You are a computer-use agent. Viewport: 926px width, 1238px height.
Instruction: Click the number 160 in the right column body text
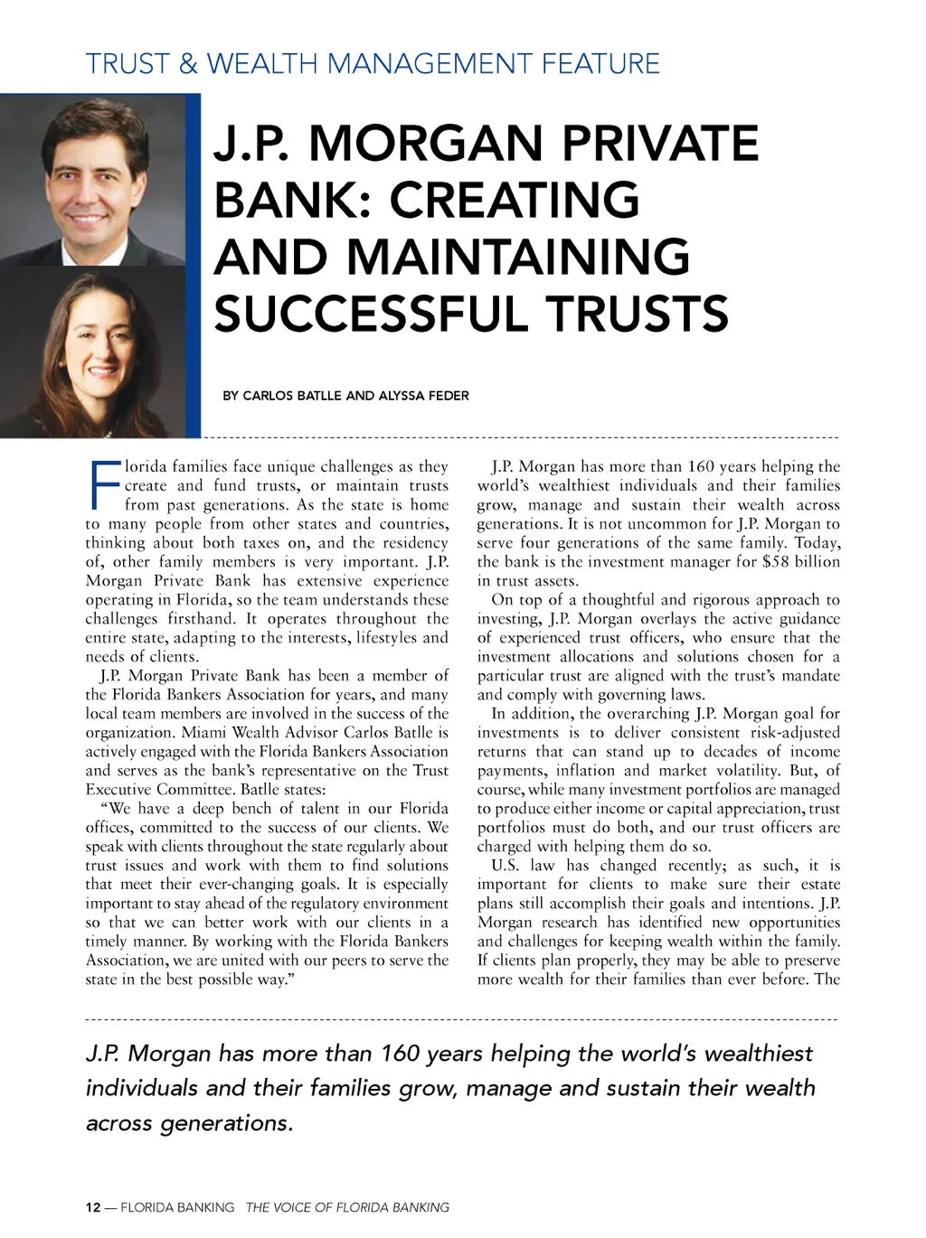[x=701, y=467]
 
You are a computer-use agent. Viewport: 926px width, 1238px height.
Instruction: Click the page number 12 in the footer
[x=93, y=1207]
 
